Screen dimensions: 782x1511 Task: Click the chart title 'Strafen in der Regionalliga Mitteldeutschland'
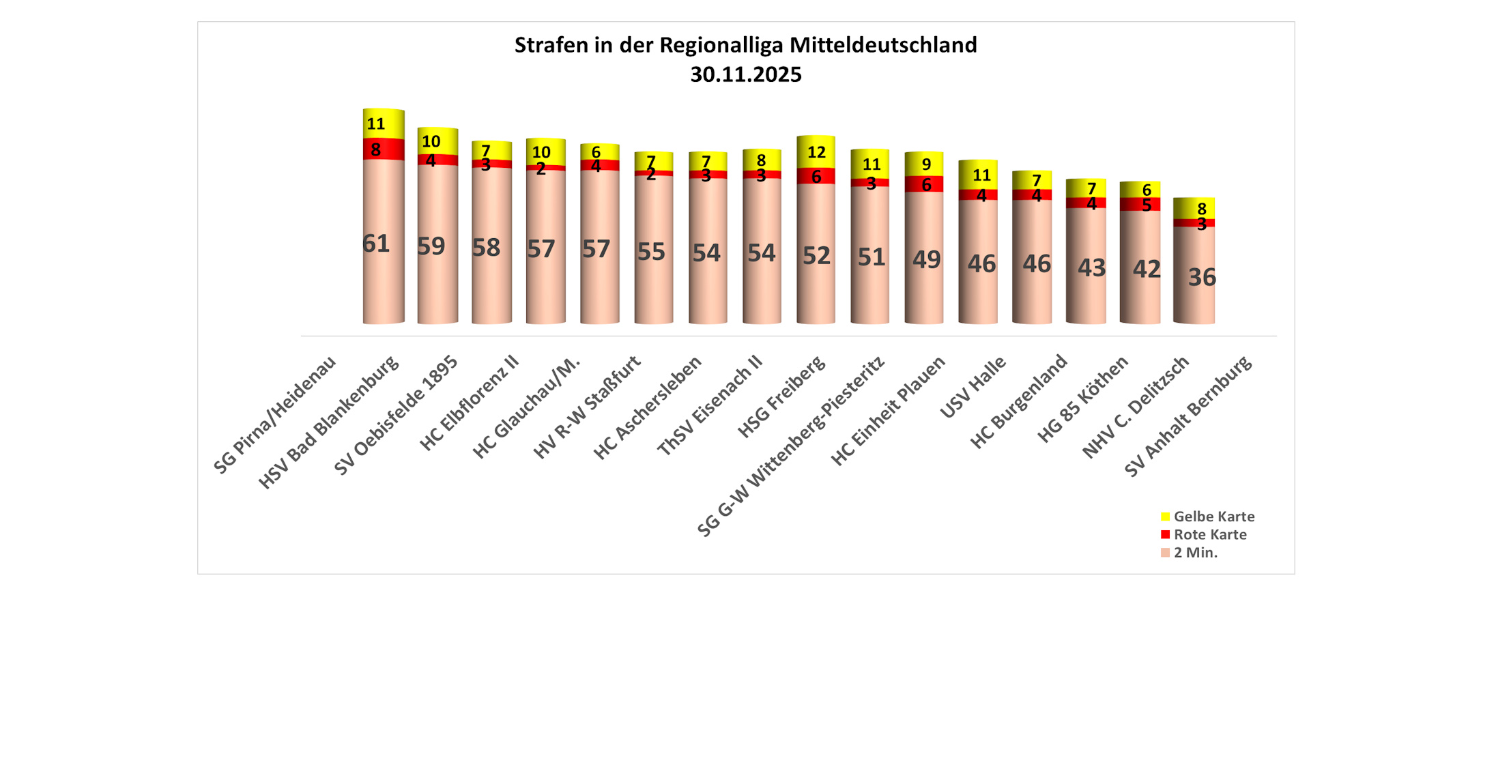click(x=745, y=45)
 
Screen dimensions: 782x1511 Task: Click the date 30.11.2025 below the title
click(x=745, y=74)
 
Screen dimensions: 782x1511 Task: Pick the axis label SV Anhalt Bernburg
click(x=1188, y=416)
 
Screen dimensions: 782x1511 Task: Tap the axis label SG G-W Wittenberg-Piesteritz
click(x=791, y=446)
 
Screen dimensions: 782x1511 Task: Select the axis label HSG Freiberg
click(x=781, y=397)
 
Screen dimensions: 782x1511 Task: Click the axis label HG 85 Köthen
click(x=1082, y=400)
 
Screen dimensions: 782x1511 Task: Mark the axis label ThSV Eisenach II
click(x=709, y=406)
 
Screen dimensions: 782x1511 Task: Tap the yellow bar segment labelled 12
click(x=816, y=152)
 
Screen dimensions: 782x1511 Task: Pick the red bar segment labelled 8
click(x=384, y=149)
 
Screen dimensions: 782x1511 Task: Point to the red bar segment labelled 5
click(x=1140, y=205)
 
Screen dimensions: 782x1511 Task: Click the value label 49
click(x=926, y=260)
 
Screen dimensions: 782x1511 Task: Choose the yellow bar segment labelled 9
click(x=924, y=164)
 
